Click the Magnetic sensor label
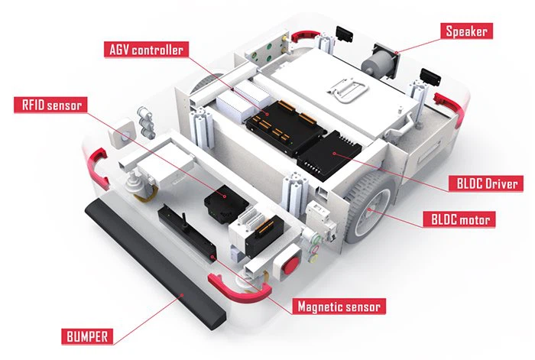340,307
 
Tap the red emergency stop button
290,264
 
